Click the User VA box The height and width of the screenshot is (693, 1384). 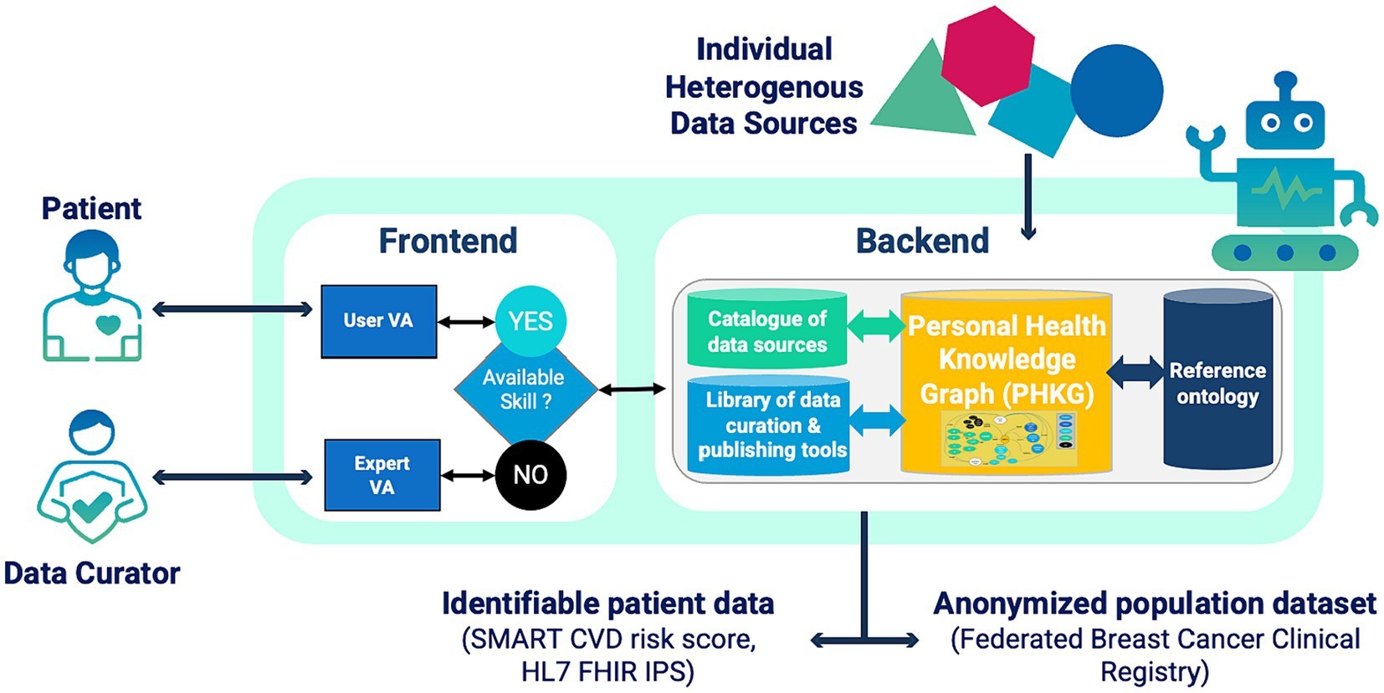[378, 322]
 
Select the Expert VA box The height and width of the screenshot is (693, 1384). [382, 475]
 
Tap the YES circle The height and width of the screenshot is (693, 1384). [531, 321]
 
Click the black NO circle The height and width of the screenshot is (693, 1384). [531, 475]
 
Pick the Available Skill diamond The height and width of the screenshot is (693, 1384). [525, 390]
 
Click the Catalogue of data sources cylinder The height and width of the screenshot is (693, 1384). [766, 331]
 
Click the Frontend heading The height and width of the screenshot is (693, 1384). [448, 241]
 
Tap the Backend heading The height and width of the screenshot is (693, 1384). [922, 241]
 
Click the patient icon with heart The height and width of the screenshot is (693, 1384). [93, 297]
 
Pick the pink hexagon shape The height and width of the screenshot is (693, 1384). [987, 54]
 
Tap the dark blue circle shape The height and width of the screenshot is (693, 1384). [1116, 90]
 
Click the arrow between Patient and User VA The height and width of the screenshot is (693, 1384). [232, 310]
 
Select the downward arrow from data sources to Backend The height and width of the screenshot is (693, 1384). [1028, 196]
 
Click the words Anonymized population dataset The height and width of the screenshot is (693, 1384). [1154, 603]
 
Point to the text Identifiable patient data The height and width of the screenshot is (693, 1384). [607, 603]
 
